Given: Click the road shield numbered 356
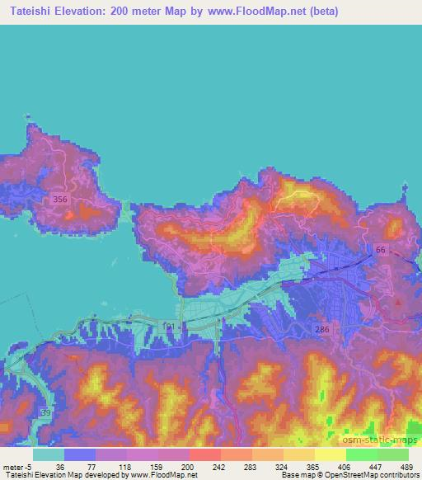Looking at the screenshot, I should click(x=59, y=200).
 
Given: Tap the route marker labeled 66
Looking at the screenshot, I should click(x=380, y=250).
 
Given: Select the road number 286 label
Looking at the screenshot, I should click(x=323, y=330).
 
